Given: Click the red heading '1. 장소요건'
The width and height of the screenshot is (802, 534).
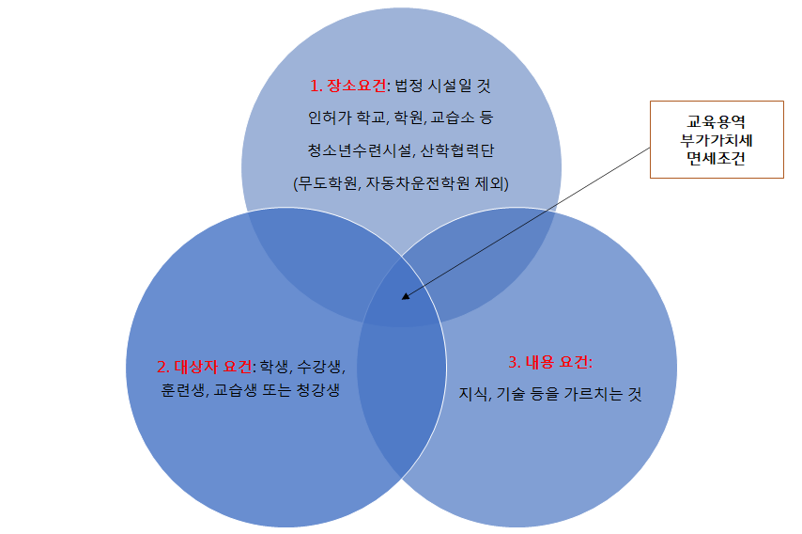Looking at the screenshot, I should (x=347, y=86).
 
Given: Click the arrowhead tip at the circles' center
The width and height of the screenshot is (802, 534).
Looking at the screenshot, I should (x=403, y=299).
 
